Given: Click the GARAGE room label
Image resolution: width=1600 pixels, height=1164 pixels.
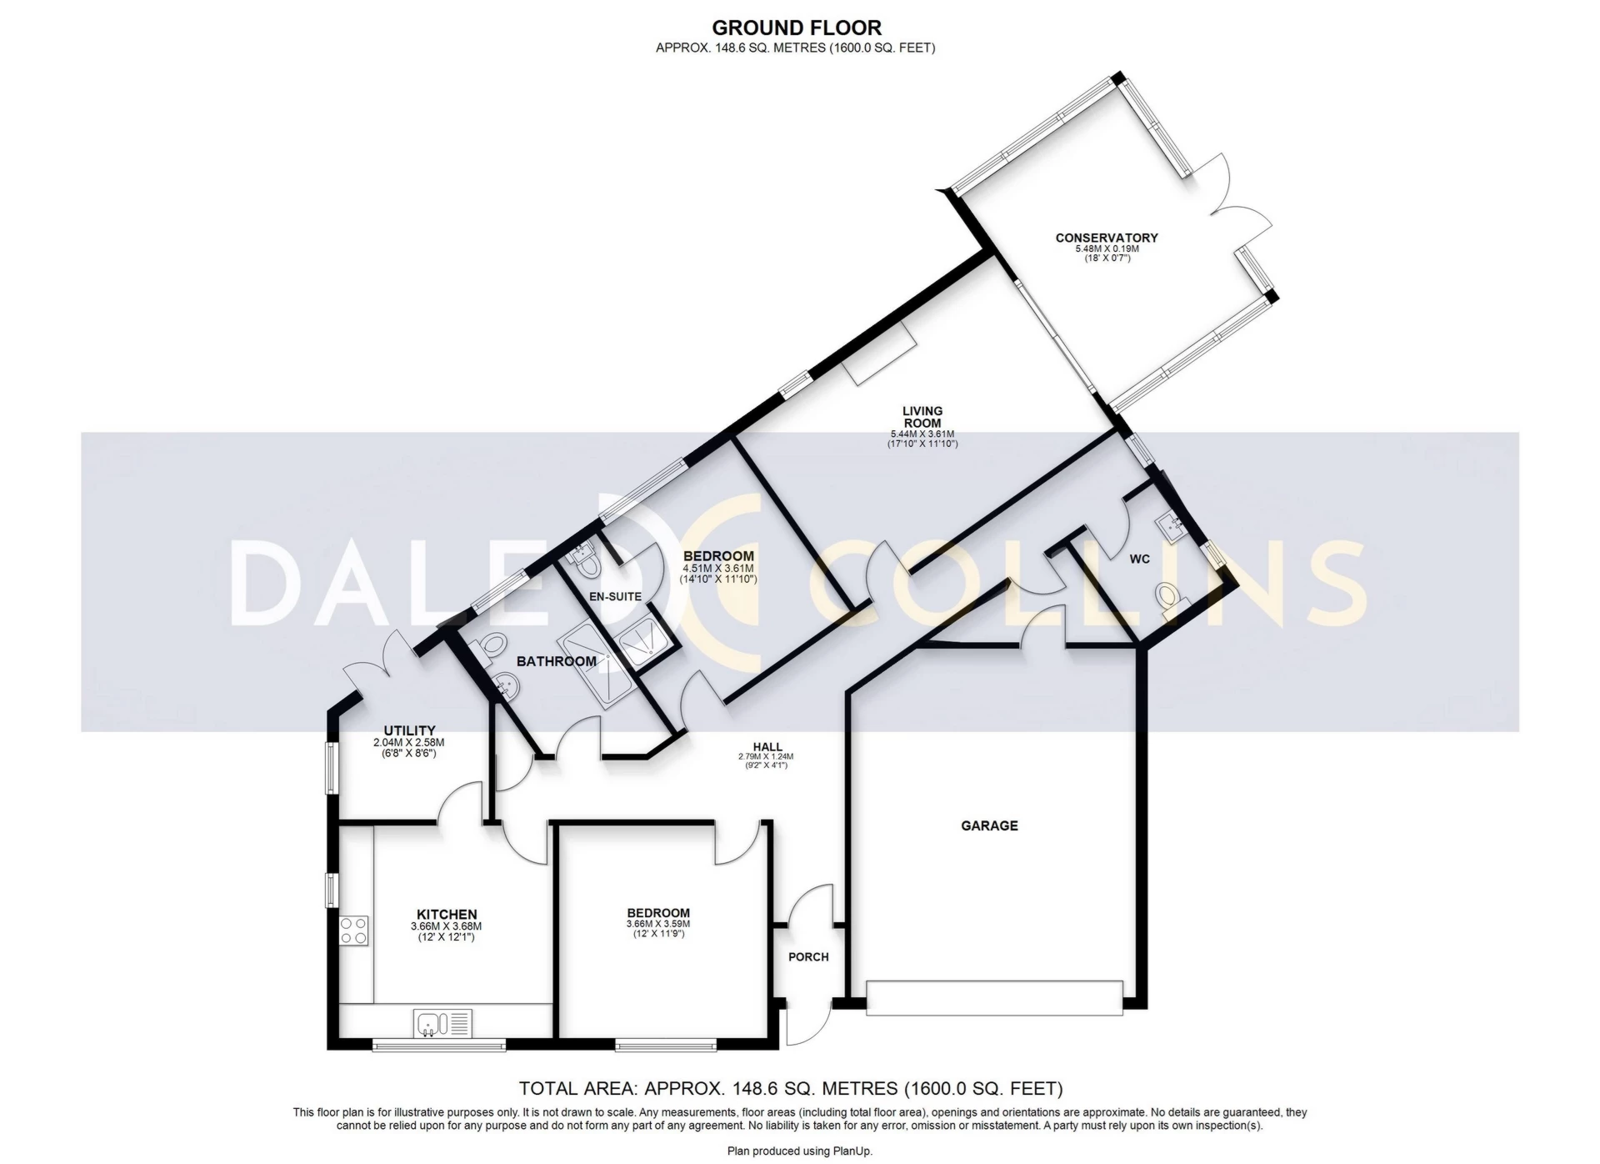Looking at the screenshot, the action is (989, 825).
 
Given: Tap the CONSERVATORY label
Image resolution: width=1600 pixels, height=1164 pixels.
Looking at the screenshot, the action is (1107, 238).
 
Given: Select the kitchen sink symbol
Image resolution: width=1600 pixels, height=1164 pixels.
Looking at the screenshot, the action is (442, 1022).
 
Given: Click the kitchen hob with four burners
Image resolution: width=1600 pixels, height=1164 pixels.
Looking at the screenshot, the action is (353, 930).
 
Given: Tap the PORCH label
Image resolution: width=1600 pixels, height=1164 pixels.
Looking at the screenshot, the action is (808, 956).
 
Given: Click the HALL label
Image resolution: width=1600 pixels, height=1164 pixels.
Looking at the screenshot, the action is (767, 747).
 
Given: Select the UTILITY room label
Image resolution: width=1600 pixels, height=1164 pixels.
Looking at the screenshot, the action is (409, 731).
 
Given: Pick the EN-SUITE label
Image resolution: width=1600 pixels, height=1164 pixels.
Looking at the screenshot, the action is (615, 596).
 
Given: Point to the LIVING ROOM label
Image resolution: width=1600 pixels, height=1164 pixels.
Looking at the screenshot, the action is (922, 416).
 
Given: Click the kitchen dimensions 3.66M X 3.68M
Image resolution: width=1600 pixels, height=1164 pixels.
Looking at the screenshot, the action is (446, 926).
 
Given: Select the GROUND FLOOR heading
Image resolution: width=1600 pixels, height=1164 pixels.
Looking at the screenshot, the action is (797, 29).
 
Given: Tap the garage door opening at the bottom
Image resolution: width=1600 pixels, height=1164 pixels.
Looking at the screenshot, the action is (994, 998).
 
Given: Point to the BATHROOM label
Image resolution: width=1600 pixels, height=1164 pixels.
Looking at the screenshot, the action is (557, 661).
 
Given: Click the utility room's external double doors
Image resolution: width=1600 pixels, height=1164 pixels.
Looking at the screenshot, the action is (383, 667).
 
